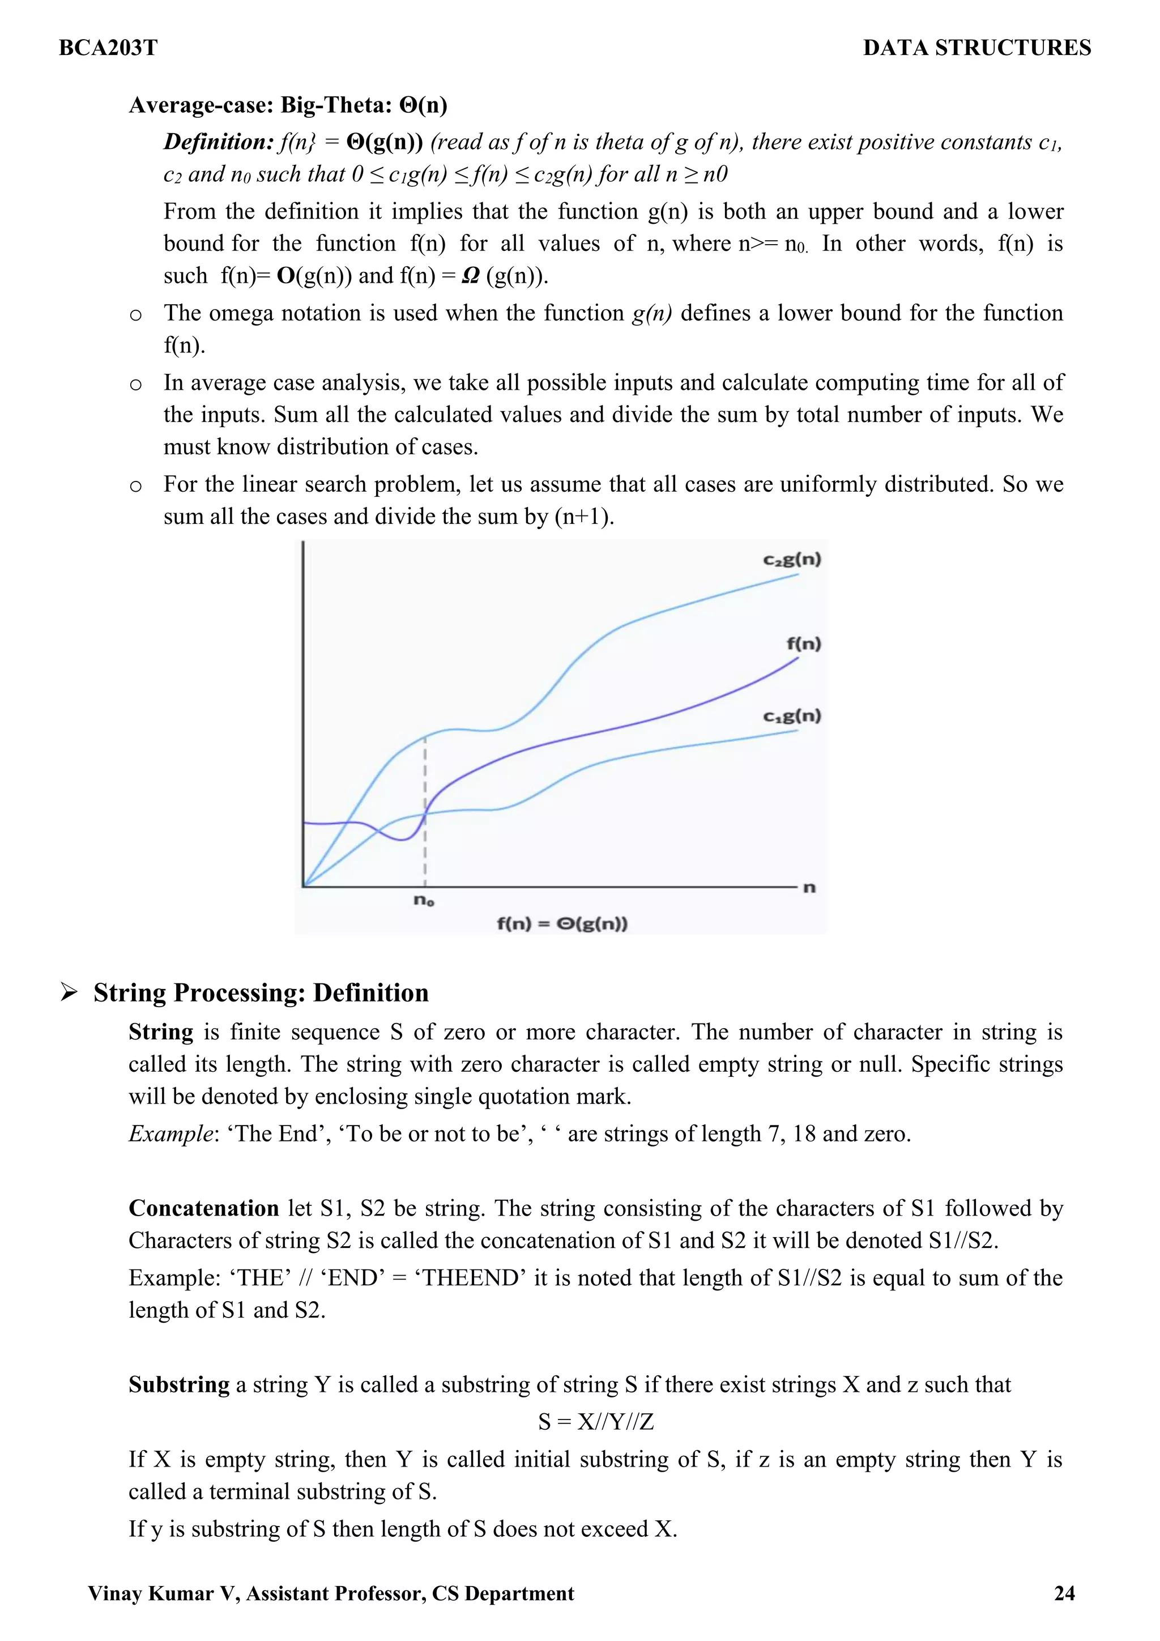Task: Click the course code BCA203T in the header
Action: coord(108,48)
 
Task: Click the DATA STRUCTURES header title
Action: coord(976,48)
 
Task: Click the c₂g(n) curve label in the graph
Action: coord(792,559)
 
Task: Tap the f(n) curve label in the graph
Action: coord(804,643)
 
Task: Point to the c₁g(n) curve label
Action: coord(792,715)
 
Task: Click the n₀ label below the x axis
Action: coord(424,900)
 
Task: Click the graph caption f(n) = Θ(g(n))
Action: coord(562,923)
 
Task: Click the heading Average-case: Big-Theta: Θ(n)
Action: coord(288,105)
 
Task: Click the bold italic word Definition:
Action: coord(218,142)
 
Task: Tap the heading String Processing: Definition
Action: coord(261,993)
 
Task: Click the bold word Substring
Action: coord(178,1384)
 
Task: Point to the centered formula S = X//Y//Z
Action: coord(596,1422)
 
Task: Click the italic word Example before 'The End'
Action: coord(170,1133)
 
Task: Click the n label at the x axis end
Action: coord(809,888)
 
